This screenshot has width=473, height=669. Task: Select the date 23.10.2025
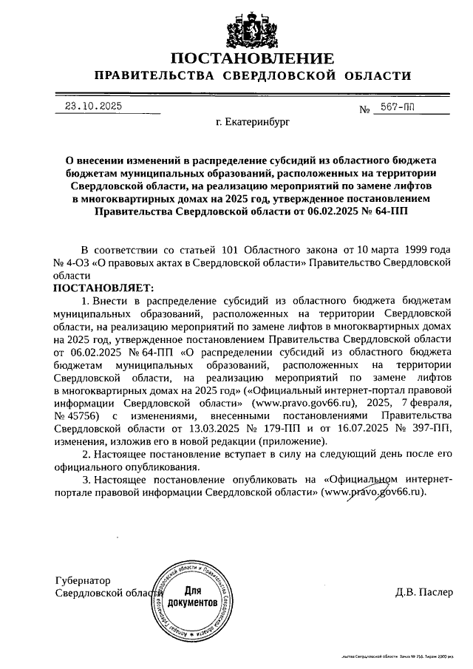92,106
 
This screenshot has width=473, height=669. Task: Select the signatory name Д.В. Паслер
421,592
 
